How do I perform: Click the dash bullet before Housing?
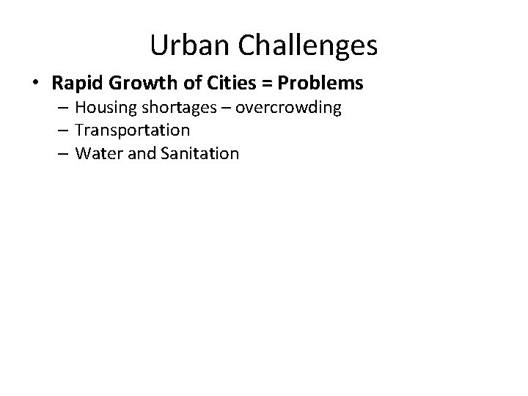(x=62, y=108)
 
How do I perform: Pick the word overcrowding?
(x=288, y=109)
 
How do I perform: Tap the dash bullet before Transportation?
(x=62, y=131)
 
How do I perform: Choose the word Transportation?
(x=133, y=131)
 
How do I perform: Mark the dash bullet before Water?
(x=62, y=153)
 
